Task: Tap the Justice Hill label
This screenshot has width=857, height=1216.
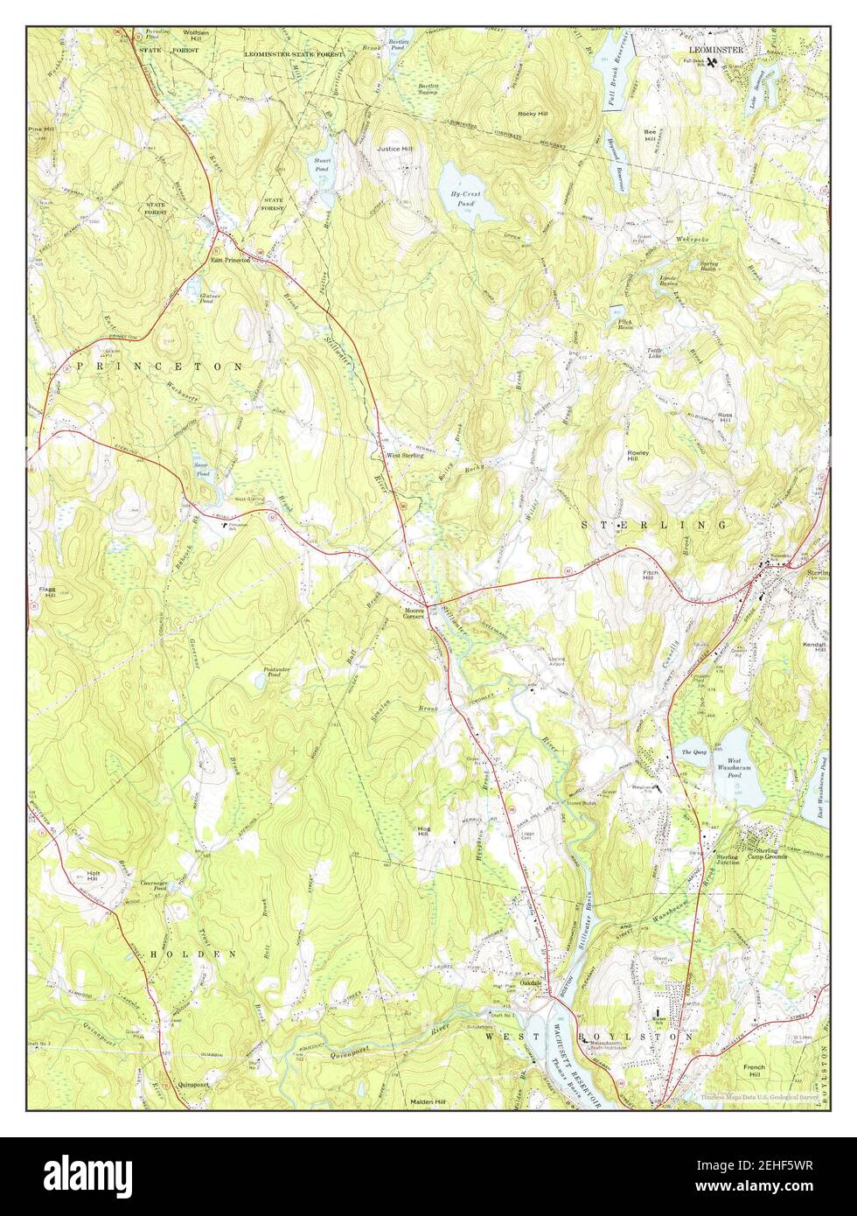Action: (x=394, y=149)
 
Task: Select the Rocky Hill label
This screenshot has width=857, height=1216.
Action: (x=532, y=114)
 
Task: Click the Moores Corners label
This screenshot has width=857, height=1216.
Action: (x=414, y=613)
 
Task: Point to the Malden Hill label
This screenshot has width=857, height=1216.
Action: (x=428, y=1102)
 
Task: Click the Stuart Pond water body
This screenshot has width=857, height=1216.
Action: (x=323, y=168)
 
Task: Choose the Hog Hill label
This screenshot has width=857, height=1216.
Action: (x=425, y=831)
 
